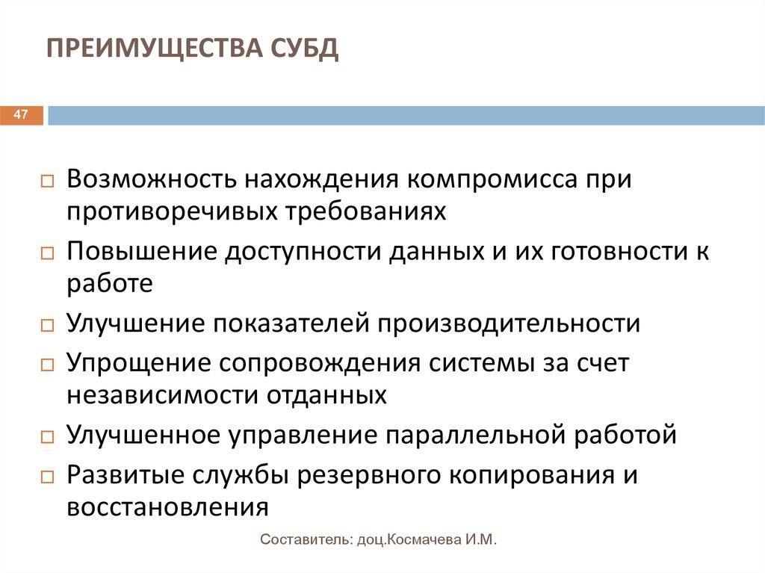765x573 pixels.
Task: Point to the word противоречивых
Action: point(171,211)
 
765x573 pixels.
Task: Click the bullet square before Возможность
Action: point(46,182)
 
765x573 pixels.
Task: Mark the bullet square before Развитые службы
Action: point(46,477)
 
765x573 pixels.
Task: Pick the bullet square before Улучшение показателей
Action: point(46,325)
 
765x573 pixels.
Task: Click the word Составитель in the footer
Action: point(301,540)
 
